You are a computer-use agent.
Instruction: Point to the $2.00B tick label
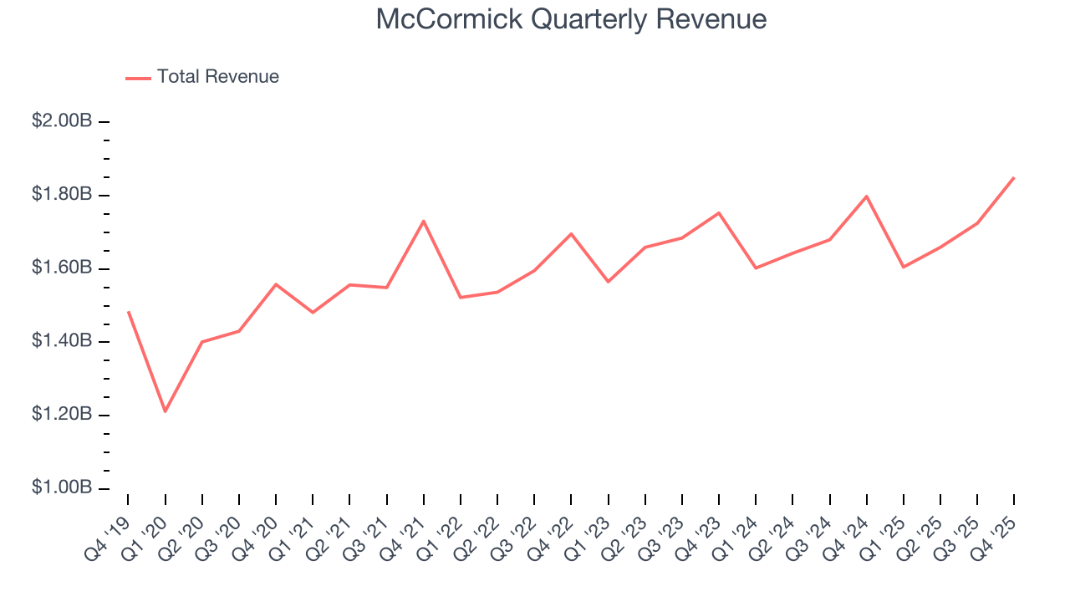[x=61, y=121]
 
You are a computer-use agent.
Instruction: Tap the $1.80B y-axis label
[x=61, y=195]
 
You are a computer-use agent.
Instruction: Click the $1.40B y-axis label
[x=61, y=341]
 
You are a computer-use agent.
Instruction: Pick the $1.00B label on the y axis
[x=61, y=487]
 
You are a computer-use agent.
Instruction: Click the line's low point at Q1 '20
[x=165, y=411]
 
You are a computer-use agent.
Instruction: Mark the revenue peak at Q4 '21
[x=424, y=221]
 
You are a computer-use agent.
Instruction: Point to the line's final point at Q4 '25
[x=1014, y=177]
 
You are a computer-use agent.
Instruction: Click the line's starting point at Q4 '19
[x=128, y=312]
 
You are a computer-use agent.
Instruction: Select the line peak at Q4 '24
[x=867, y=196]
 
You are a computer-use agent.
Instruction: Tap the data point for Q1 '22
[x=461, y=298]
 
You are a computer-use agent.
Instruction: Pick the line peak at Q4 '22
[x=571, y=233]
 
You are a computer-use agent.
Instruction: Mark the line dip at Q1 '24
[x=756, y=268]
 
